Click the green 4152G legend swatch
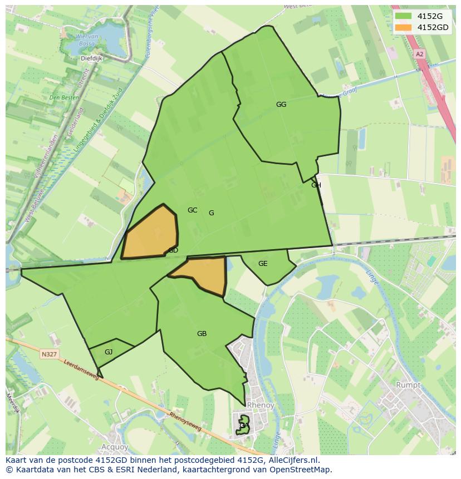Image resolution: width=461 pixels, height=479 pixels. (404, 16)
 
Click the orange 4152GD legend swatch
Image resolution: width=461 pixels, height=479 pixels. (404, 27)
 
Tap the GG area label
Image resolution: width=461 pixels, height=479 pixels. (281, 104)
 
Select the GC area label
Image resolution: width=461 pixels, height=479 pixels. (192, 210)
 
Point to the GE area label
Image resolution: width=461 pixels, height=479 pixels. (263, 264)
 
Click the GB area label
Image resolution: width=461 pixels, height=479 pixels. (202, 334)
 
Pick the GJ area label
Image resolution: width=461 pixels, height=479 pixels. (109, 352)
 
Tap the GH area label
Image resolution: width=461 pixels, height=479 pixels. (316, 185)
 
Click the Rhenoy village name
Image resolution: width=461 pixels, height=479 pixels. (260, 406)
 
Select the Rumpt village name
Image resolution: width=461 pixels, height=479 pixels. (408, 384)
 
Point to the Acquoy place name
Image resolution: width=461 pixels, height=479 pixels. (115, 447)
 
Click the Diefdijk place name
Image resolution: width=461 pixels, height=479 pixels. (92, 57)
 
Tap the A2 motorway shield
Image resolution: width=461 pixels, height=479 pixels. (419, 54)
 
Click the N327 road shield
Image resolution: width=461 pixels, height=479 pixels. (49, 354)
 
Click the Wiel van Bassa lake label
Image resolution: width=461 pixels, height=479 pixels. (88, 39)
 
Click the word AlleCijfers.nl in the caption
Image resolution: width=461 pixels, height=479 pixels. (292, 460)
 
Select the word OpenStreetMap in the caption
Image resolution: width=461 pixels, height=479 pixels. (300, 470)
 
